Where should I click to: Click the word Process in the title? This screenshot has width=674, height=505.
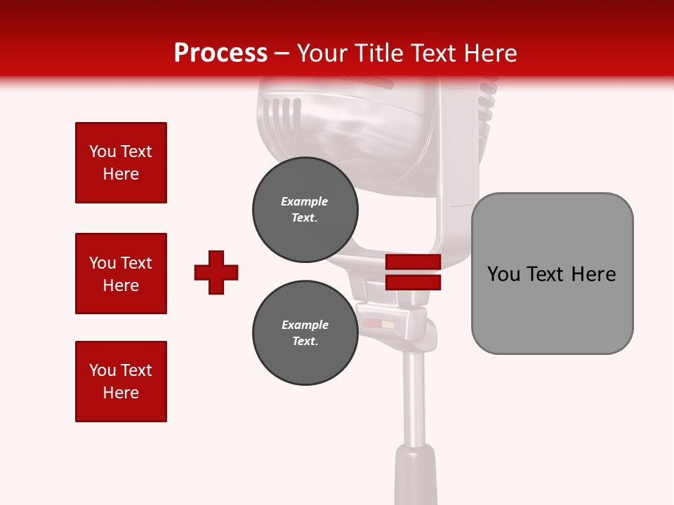[x=220, y=53]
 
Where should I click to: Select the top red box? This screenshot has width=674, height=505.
[x=121, y=163]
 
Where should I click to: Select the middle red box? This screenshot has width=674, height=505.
[x=121, y=274]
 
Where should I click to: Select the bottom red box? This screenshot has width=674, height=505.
[x=121, y=382]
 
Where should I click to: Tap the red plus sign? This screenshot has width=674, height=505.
[x=216, y=272]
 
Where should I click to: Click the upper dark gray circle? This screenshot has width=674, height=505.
[x=305, y=210]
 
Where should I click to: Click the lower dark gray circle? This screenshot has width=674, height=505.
[x=305, y=333]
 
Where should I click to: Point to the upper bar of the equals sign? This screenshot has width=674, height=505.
[x=413, y=262]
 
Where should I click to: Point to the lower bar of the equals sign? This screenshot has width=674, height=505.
[x=413, y=282]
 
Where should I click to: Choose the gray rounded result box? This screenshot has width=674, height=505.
[x=552, y=273]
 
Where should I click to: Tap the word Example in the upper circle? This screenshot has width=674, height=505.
[x=304, y=201]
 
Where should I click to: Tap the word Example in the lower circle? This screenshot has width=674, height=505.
[x=305, y=325]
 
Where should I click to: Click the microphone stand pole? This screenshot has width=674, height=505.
[x=414, y=400]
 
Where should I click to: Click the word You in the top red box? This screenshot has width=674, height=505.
[x=102, y=151]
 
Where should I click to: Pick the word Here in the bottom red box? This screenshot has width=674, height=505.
[x=121, y=393]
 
